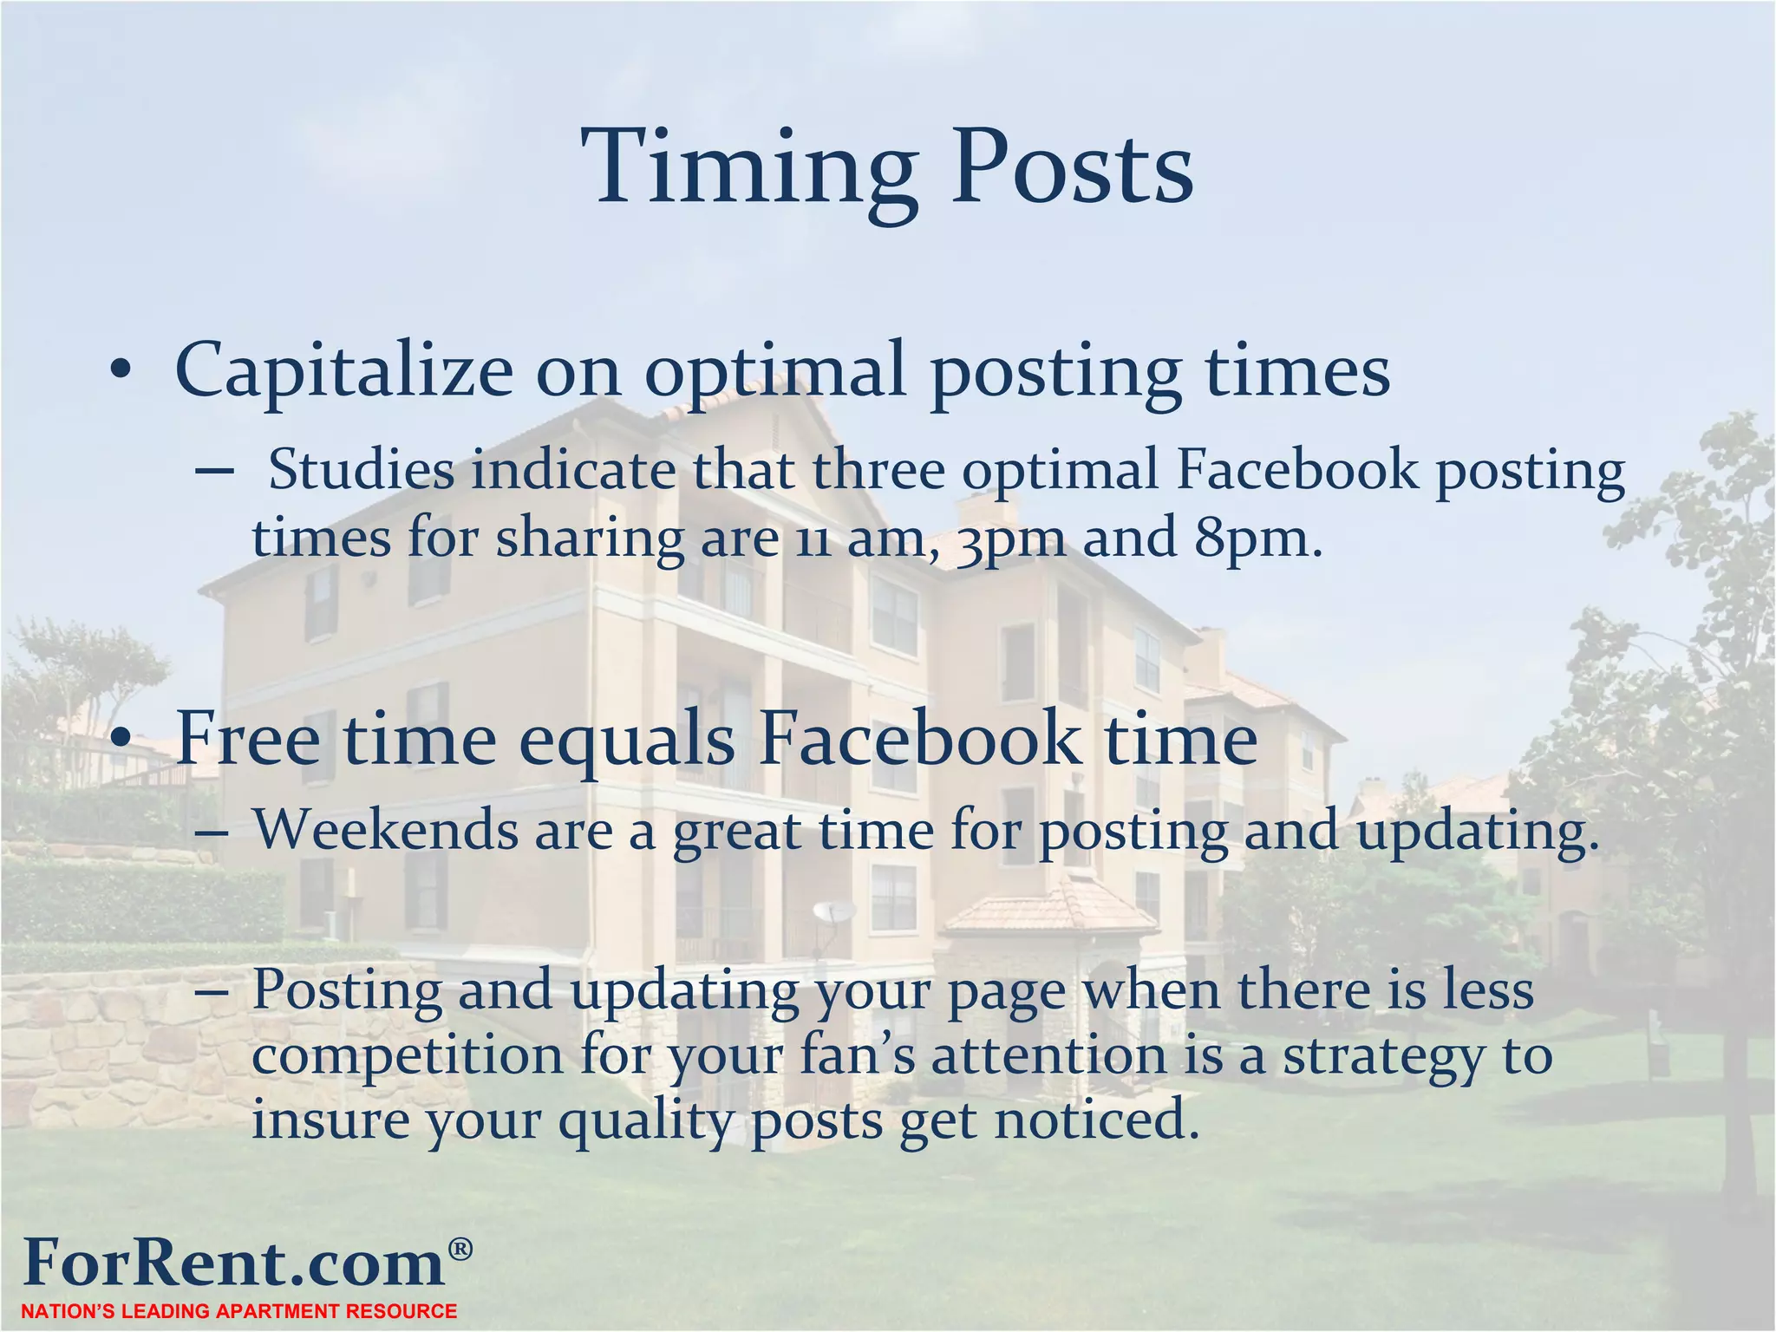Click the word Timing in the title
[x=750, y=169]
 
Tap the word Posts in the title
[x=1073, y=169]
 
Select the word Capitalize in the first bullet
[x=344, y=371]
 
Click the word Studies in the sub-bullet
[x=362, y=471]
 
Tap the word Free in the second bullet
[x=248, y=739]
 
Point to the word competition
[x=408, y=1056]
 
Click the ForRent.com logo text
[x=234, y=1263]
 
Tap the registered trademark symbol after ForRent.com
[x=460, y=1249]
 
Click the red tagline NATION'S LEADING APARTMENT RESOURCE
[x=239, y=1311]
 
